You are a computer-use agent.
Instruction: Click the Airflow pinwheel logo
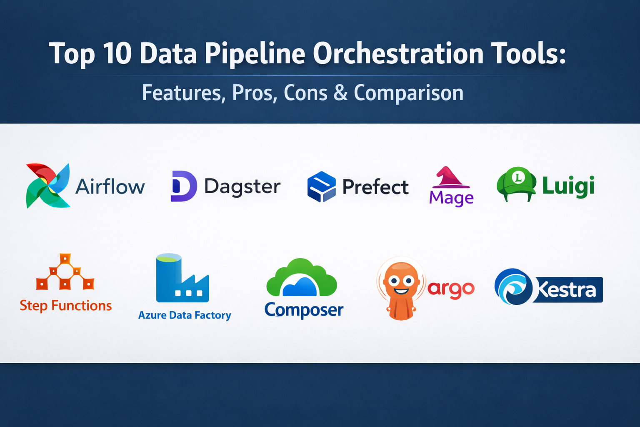(x=47, y=186)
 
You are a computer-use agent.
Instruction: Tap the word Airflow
(x=110, y=187)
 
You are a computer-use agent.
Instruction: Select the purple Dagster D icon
(x=183, y=186)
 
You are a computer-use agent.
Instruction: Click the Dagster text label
(x=242, y=187)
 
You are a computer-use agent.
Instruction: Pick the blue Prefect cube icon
(x=321, y=187)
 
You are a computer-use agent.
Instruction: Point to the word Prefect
(x=375, y=187)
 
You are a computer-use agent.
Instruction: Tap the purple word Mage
(x=451, y=198)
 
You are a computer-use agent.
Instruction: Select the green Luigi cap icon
(x=516, y=183)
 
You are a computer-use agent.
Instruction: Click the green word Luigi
(x=568, y=186)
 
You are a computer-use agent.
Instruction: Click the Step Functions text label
(x=66, y=306)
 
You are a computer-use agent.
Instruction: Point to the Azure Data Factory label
(x=185, y=315)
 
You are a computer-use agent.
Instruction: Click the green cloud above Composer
(x=301, y=277)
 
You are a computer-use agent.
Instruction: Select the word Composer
(x=304, y=310)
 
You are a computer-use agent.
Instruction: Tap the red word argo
(x=451, y=289)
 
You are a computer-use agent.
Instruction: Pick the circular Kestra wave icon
(x=513, y=287)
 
